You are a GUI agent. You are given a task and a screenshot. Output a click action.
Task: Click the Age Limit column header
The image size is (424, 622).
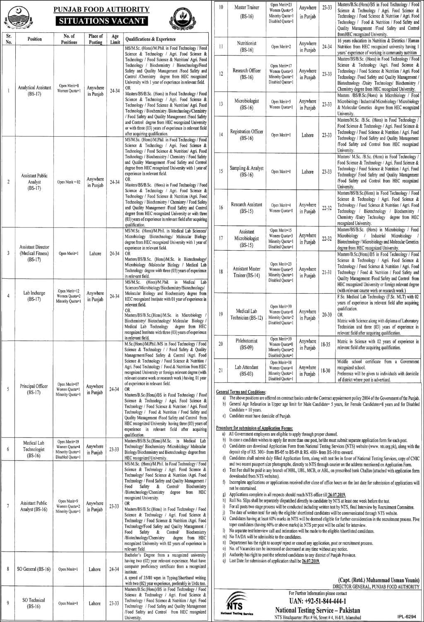pos(115,39)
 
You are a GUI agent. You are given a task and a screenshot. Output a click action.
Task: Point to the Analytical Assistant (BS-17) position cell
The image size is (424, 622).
pos(35,91)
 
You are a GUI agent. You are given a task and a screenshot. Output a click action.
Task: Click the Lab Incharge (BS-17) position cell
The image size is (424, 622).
pos(34,296)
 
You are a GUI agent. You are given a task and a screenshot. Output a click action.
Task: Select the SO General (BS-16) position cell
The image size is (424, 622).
pos(34,569)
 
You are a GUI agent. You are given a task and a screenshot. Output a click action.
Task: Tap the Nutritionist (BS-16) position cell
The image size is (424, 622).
pos(247,46)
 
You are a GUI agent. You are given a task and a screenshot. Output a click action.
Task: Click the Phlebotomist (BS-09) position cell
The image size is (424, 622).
pos(247,344)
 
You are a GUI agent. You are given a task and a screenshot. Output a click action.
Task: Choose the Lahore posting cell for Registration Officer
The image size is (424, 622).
pos(308,135)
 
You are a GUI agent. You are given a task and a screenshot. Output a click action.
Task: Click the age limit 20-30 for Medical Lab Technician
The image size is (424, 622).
pos(327,315)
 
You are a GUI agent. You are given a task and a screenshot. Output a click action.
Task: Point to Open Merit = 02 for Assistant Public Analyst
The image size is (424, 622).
pos(69,182)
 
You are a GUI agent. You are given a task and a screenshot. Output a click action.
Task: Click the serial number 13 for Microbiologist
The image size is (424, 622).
pos(221,104)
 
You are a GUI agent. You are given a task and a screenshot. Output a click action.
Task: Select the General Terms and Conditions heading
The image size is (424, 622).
pos(241,392)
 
